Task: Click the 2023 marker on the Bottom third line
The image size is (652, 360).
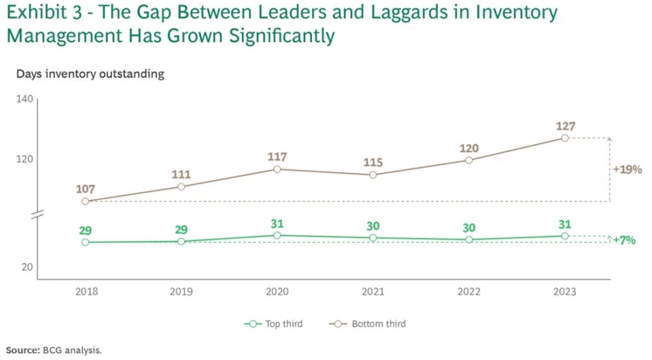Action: click(565, 138)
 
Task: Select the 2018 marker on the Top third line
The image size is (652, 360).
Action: click(85, 242)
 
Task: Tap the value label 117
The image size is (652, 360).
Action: click(278, 157)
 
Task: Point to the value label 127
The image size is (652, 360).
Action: click(565, 126)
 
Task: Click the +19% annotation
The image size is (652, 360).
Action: click(627, 170)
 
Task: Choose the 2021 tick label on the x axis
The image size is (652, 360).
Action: click(373, 292)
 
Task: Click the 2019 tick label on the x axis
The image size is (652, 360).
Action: click(181, 292)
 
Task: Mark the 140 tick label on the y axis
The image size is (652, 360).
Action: click(24, 100)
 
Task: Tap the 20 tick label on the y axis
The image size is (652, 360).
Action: click(27, 267)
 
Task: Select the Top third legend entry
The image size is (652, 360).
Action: click(274, 324)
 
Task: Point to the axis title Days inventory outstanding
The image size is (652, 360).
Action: click(90, 74)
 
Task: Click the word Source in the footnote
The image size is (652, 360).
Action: click(22, 350)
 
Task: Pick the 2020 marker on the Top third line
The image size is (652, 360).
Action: click(278, 236)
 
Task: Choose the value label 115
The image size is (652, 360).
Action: click(373, 162)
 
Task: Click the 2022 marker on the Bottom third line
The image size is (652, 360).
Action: click(469, 160)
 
